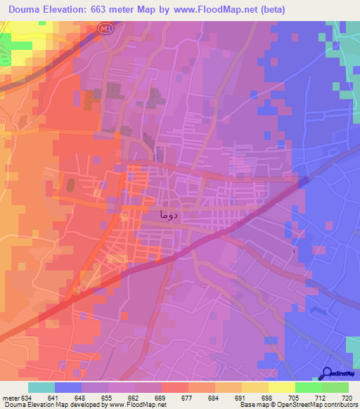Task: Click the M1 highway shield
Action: (x=105, y=27)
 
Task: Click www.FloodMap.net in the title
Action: (x=214, y=8)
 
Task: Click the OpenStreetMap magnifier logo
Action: (x=326, y=374)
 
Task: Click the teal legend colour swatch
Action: (x=41, y=387)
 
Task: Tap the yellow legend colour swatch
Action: (x=281, y=387)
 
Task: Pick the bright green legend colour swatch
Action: (x=308, y=387)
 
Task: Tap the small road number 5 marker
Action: (x=294, y=251)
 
